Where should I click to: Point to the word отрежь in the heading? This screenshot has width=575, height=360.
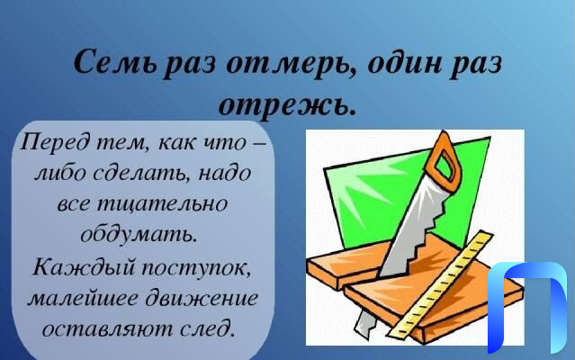287,105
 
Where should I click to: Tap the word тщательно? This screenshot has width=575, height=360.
161,203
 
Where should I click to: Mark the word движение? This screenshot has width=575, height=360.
202,297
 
